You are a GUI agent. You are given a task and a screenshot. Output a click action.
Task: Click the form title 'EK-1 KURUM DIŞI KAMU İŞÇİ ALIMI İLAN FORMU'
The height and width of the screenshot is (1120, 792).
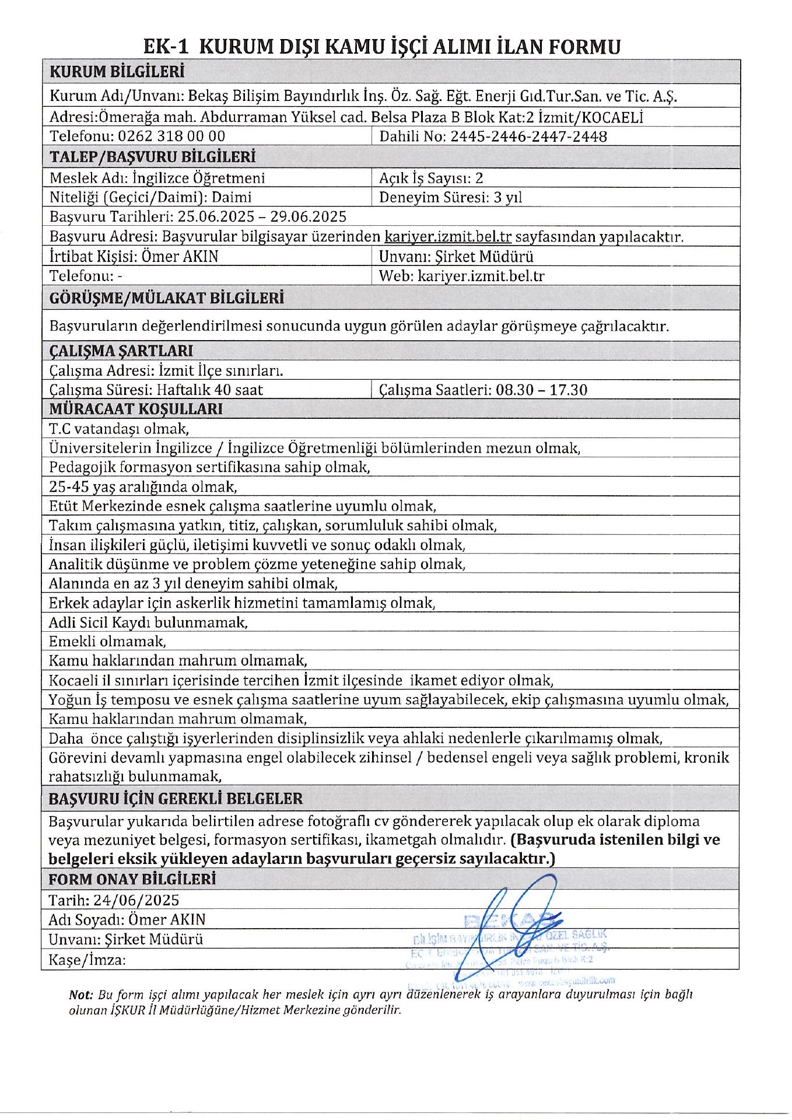pyautogui.click(x=382, y=47)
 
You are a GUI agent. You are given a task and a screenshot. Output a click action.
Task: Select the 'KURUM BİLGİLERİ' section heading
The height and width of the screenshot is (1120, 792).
pyautogui.click(x=117, y=72)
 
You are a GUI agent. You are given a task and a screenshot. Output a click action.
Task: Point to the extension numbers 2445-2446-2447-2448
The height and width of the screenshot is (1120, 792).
pyautogui.click(x=528, y=136)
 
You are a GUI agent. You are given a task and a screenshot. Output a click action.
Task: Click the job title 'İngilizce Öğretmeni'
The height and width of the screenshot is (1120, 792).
pyautogui.click(x=198, y=178)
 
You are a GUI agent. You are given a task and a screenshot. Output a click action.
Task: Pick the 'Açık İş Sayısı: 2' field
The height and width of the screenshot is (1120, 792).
pyautogui.click(x=431, y=178)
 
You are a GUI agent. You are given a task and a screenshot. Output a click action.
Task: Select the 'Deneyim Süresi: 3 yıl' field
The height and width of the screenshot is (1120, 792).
pyautogui.click(x=450, y=197)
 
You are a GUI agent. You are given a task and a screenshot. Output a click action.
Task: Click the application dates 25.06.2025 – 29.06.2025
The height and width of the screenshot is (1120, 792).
pyautogui.click(x=262, y=217)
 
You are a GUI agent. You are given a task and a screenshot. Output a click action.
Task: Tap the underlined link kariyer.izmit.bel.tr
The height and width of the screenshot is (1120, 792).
pyautogui.click(x=448, y=237)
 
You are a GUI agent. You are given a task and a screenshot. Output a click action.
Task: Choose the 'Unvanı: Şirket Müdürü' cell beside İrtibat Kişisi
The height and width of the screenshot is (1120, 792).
pyautogui.click(x=456, y=257)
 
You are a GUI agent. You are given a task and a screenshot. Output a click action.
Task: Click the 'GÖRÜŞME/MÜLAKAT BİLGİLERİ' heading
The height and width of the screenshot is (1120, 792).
pyautogui.click(x=167, y=298)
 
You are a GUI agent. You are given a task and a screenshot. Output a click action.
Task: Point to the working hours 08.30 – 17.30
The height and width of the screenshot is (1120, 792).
pyautogui.click(x=541, y=390)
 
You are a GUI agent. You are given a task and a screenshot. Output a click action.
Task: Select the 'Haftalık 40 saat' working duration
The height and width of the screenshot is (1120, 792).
pyautogui.click(x=210, y=390)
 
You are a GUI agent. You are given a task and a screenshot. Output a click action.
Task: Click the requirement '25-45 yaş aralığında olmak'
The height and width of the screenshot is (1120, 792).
pyautogui.click(x=143, y=487)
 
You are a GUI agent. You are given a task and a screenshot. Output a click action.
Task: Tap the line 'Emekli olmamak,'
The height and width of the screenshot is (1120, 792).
pyautogui.click(x=107, y=642)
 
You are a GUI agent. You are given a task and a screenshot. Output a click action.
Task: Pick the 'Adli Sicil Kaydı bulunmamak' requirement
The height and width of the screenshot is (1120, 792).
pyautogui.click(x=148, y=622)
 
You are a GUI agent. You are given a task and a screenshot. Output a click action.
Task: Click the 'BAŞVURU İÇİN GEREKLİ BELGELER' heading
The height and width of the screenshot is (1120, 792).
pyautogui.click(x=176, y=799)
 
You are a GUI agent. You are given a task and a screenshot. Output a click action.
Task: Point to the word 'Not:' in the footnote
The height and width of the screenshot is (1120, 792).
pyautogui.click(x=81, y=995)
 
